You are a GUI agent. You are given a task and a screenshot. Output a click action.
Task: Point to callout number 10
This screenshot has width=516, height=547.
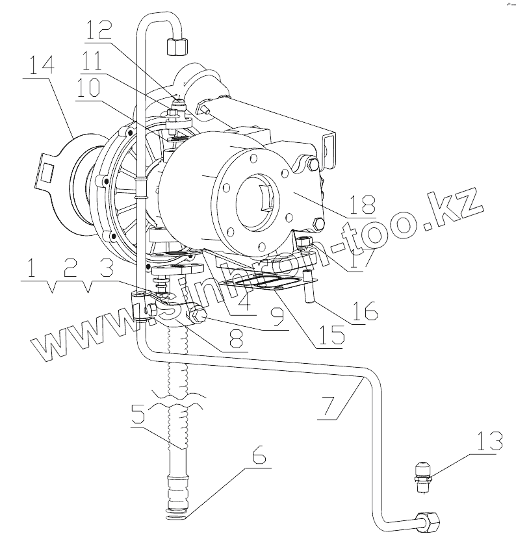[x=91, y=88]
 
